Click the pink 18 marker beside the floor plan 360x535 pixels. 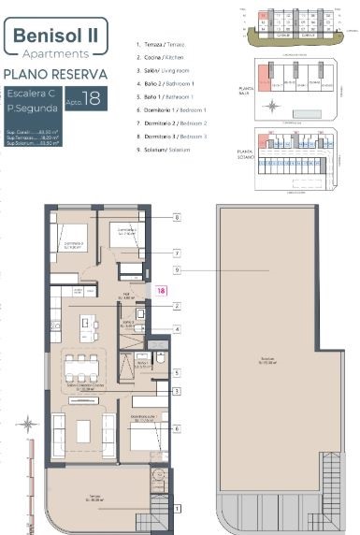(x=161, y=291)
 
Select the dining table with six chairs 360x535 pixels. (x=83, y=366)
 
